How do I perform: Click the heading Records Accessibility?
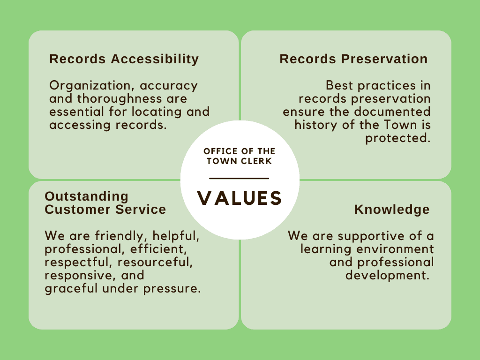[124, 59]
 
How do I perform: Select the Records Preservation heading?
[353, 59]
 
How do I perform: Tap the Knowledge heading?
[392, 210]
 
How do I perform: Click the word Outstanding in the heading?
[86, 196]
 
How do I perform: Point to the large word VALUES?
[240, 198]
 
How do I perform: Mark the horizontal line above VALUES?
[239, 179]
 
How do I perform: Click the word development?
[387, 275]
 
